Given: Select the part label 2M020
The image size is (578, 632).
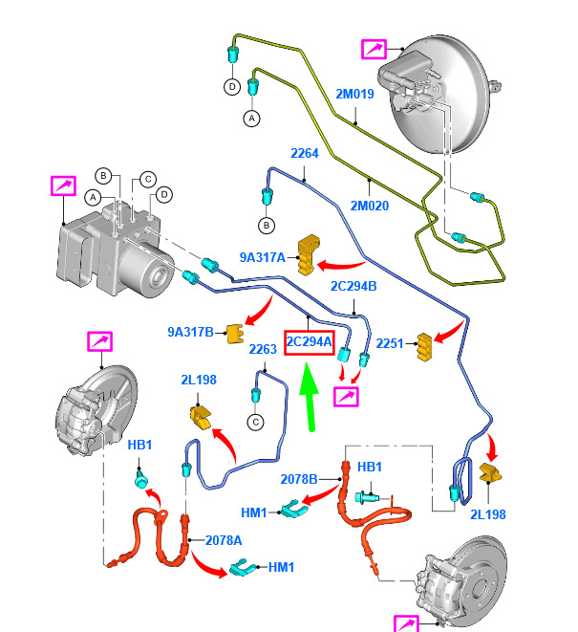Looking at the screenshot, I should (369, 205).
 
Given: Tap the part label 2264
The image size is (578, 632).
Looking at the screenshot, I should (305, 153).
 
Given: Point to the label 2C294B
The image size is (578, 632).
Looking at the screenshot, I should (353, 286).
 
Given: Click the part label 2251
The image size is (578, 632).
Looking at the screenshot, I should (390, 343).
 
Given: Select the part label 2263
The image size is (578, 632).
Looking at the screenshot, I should (262, 349).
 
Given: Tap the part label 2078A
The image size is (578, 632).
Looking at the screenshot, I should (224, 540).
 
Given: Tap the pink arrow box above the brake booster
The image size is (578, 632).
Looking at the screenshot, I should (374, 49).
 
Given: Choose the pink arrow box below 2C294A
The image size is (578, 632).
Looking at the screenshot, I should (346, 393).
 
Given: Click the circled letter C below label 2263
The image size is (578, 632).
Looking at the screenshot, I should (256, 422).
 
